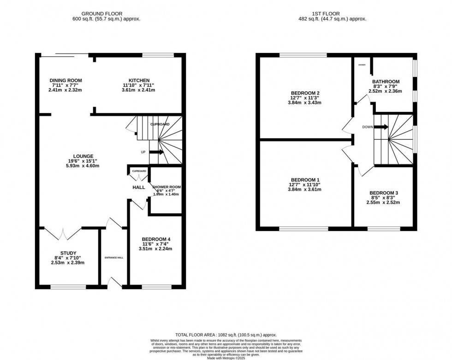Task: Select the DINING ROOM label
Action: tap(65, 81)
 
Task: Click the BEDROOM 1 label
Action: tap(304, 180)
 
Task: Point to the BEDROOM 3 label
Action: tap(383, 193)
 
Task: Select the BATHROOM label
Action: tap(386, 82)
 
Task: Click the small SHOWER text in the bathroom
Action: tap(362, 65)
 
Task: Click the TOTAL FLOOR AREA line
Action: tap(226, 335)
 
